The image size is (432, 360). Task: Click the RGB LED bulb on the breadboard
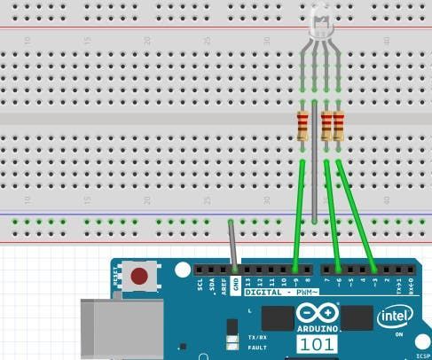point(320,24)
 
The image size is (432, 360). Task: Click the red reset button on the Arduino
point(139,276)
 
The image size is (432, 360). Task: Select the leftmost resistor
point(303,125)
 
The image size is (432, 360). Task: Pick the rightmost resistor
point(338,125)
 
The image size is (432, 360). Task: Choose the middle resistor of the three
point(326,125)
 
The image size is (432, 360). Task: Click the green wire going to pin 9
point(300,213)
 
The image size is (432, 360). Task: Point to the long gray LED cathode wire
point(315,177)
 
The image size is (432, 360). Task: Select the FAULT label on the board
point(257,347)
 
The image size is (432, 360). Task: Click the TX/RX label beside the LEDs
point(257,337)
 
